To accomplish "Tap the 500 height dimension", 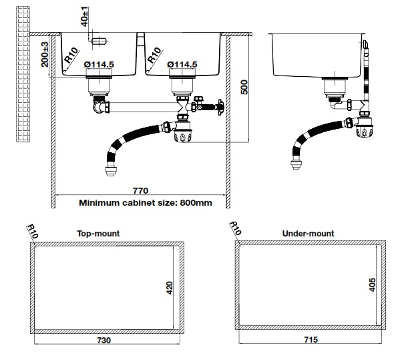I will [x=244, y=88].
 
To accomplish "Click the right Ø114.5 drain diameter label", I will [x=182, y=65].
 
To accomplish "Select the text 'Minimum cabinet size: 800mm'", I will [x=146, y=202].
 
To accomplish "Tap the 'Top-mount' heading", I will [x=98, y=234].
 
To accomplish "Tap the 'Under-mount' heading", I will [x=309, y=234].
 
